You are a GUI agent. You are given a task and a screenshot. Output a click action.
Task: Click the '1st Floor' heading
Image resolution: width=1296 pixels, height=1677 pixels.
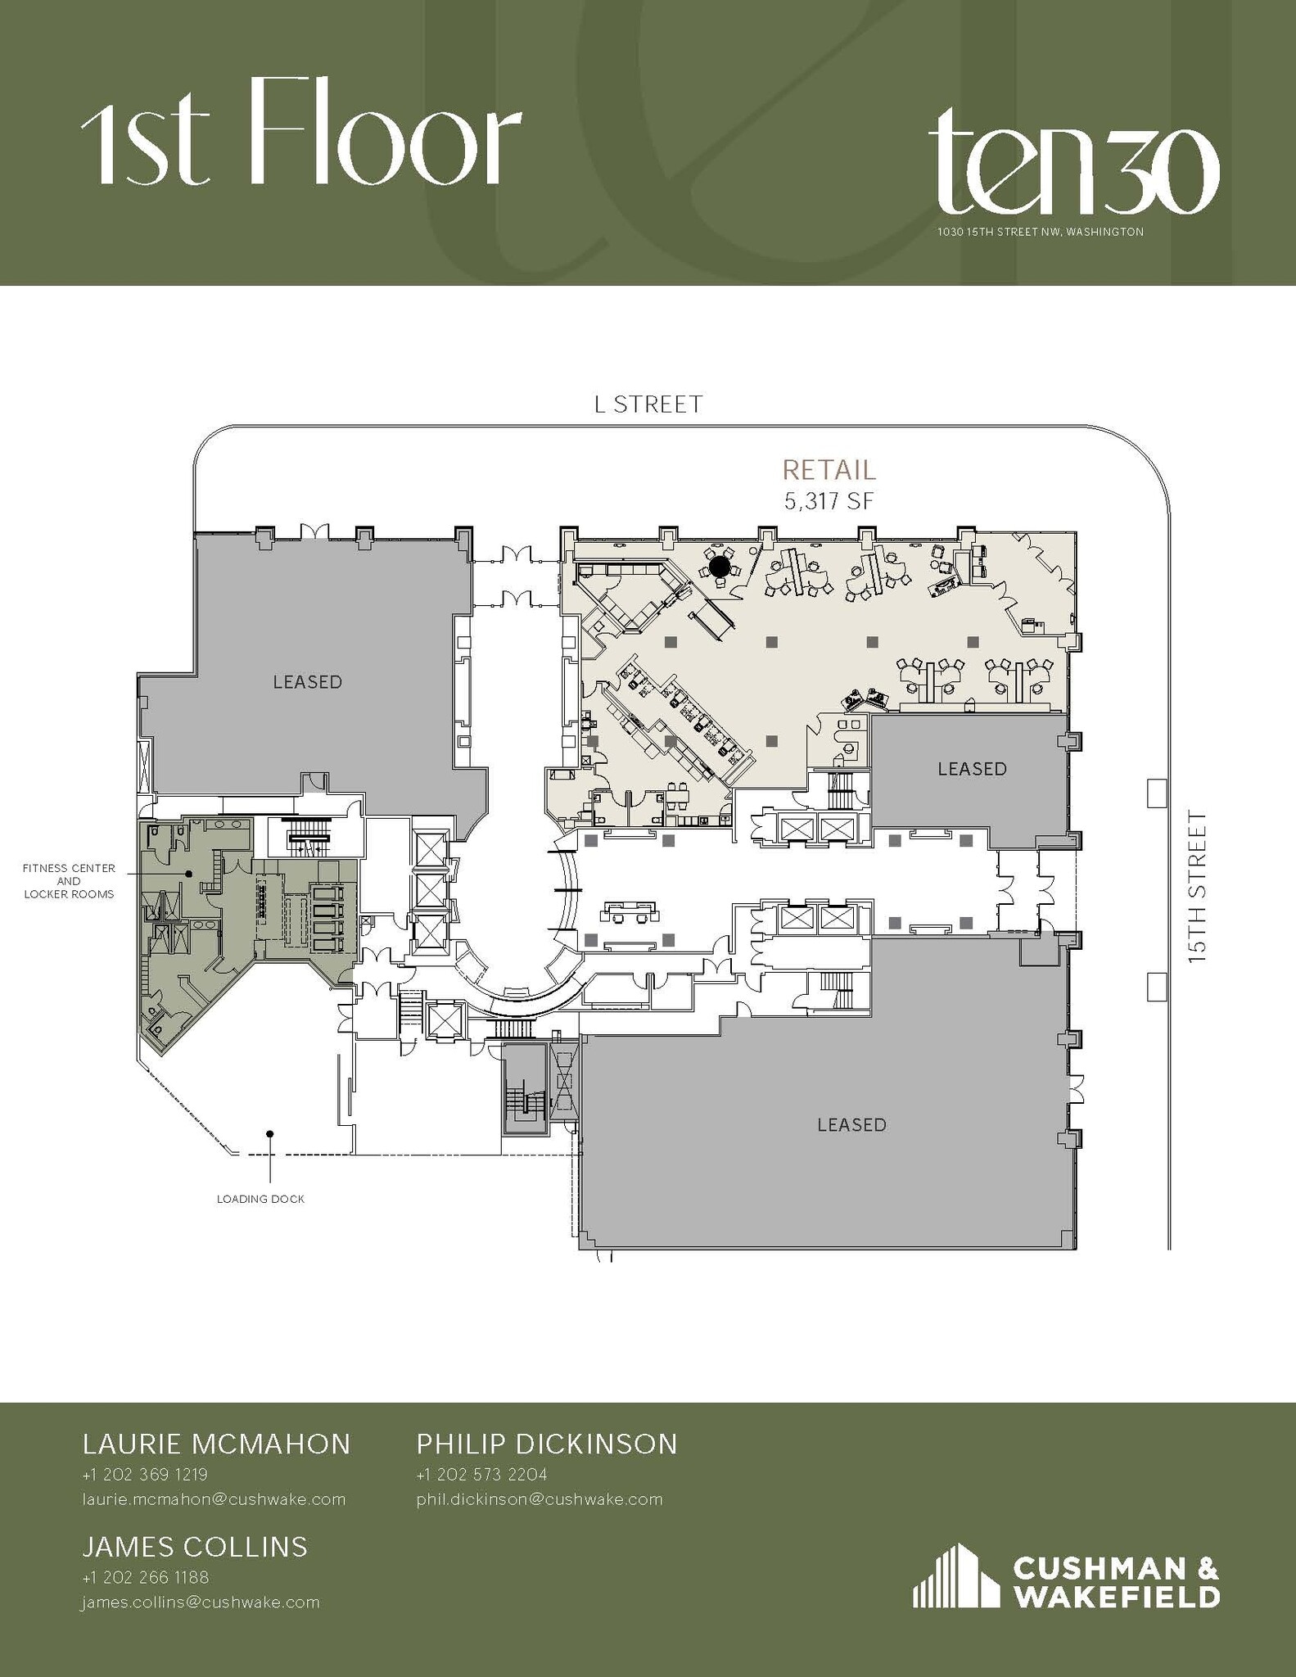[301, 133]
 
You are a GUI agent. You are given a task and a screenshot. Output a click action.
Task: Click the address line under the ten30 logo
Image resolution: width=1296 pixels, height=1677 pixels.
[1040, 233]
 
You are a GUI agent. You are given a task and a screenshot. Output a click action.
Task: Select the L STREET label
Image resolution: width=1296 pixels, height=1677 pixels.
[648, 405]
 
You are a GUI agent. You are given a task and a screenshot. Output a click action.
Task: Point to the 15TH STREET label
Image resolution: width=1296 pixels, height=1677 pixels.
[1197, 886]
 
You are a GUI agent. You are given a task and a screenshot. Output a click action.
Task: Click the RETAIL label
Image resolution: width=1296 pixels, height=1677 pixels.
[829, 470]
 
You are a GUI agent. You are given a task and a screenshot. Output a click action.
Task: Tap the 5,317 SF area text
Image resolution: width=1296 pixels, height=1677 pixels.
[829, 501]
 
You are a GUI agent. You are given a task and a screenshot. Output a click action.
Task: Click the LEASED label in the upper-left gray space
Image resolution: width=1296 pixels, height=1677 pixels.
[307, 682]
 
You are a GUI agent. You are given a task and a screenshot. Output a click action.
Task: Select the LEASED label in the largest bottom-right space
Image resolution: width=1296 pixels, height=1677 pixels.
[851, 1125]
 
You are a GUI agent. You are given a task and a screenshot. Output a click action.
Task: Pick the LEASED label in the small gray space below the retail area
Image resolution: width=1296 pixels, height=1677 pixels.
[972, 769]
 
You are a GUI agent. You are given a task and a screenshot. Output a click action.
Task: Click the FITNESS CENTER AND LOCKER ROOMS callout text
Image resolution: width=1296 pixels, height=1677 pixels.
[69, 881]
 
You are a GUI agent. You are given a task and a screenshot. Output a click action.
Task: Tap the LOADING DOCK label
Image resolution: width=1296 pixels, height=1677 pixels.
[260, 1199]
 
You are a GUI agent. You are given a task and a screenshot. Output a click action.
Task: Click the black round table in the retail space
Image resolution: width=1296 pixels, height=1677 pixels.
[719, 566]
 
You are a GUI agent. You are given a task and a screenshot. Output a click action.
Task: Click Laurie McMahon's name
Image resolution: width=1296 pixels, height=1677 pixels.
[216, 1444]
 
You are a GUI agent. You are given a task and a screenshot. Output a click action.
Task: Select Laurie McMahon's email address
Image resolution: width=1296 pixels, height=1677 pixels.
[214, 1499]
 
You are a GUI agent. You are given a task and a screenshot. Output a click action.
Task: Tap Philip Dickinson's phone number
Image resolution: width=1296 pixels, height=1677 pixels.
[481, 1475]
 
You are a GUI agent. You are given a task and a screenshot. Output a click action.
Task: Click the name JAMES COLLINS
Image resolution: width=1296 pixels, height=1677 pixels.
[195, 1547]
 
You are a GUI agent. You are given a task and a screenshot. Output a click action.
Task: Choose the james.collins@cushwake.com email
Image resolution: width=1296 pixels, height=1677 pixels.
[200, 1602]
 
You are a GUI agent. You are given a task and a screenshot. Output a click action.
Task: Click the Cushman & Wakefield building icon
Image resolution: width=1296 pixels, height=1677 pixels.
[955, 1576]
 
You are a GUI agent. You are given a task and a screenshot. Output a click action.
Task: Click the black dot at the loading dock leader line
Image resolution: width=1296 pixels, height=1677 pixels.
[269, 1134]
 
